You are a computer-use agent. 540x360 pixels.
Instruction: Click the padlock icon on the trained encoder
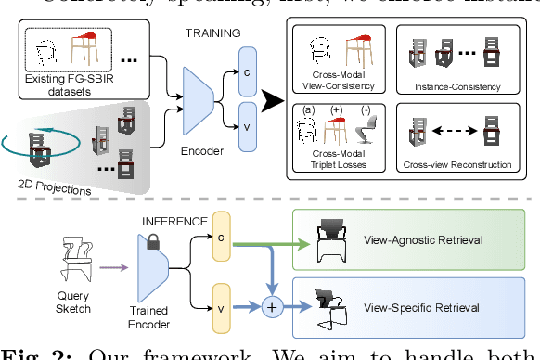point(154,241)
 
